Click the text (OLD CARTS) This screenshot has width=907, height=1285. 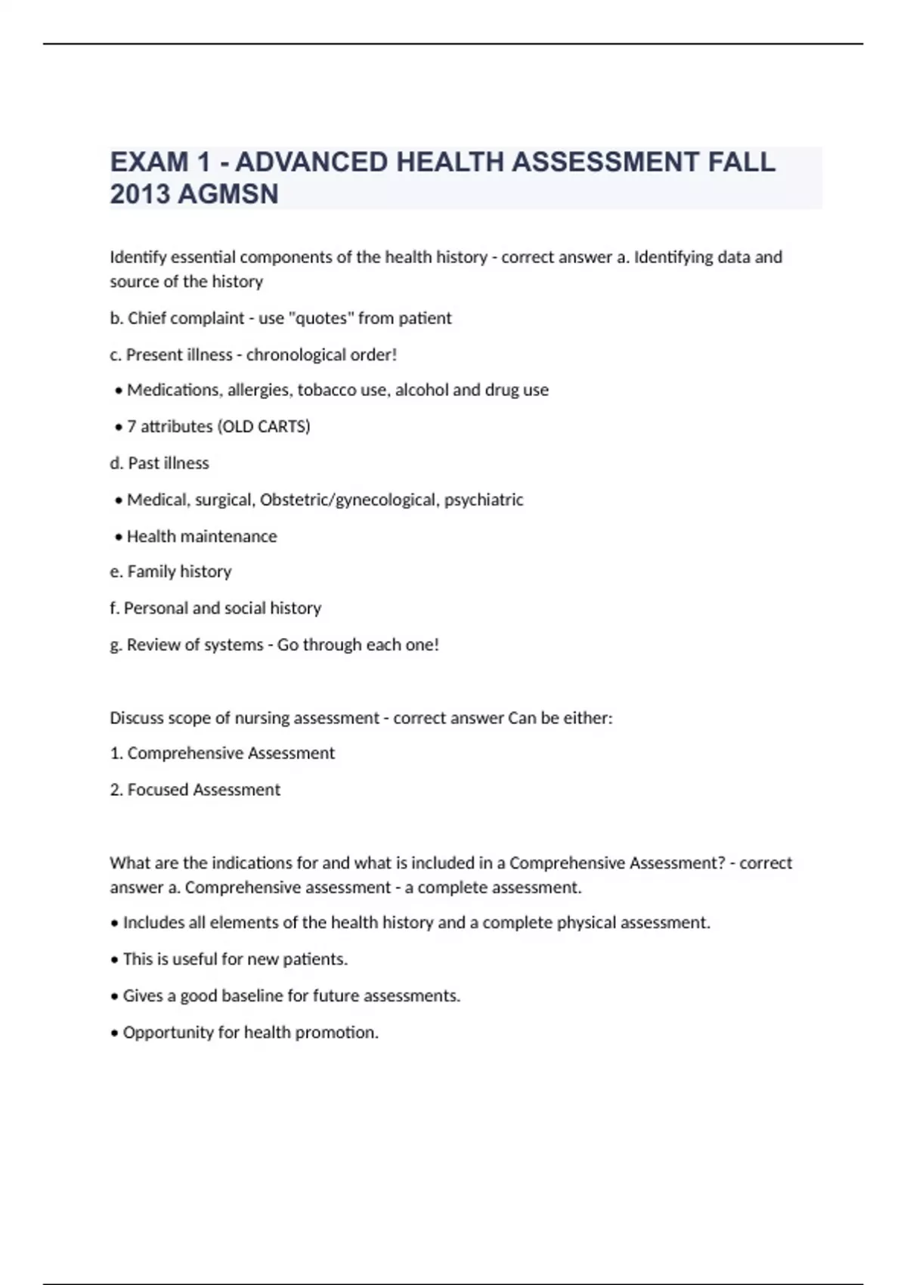pos(264,426)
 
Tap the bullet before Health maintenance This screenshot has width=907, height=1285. pos(118,537)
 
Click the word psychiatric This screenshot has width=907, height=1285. pos(484,500)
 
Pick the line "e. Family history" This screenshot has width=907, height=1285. pos(171,571)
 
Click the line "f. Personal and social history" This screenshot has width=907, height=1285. pos(215,608)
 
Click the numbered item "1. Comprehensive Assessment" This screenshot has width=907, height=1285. pos(222,753)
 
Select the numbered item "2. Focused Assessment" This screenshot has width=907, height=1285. pos(195,789)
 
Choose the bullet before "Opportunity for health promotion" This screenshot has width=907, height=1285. pos(115,1033)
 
